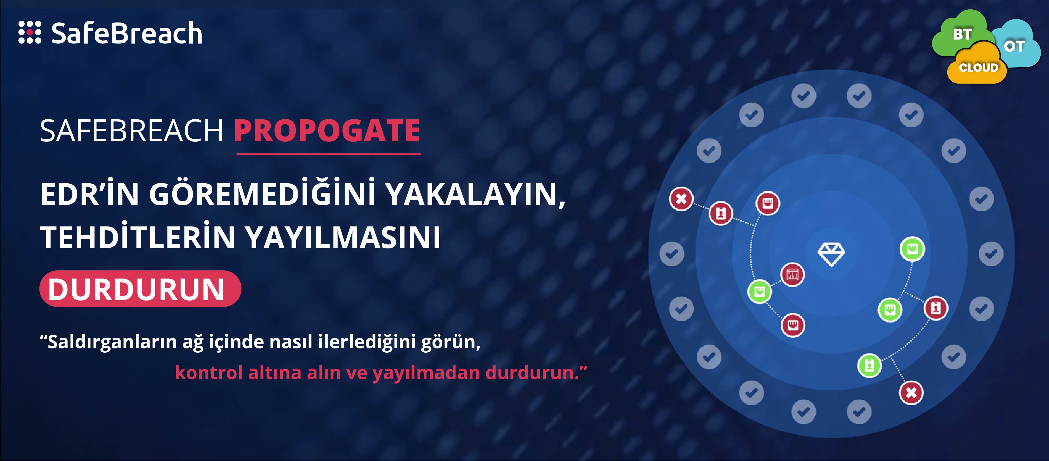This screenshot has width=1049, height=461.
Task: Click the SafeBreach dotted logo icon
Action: [30, 32]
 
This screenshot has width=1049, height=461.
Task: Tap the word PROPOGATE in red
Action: [327, 131]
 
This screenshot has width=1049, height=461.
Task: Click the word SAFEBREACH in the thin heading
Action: [132, 131]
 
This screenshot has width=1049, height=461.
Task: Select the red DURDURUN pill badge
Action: [140, 288]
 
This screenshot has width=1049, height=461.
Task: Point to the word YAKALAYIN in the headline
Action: [476, 195]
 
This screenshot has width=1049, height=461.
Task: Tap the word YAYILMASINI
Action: [343, 237]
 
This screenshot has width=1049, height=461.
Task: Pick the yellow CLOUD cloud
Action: [977, 65]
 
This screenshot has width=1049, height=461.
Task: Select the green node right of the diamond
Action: [912, 249]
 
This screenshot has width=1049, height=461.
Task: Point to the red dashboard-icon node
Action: [793, 274]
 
